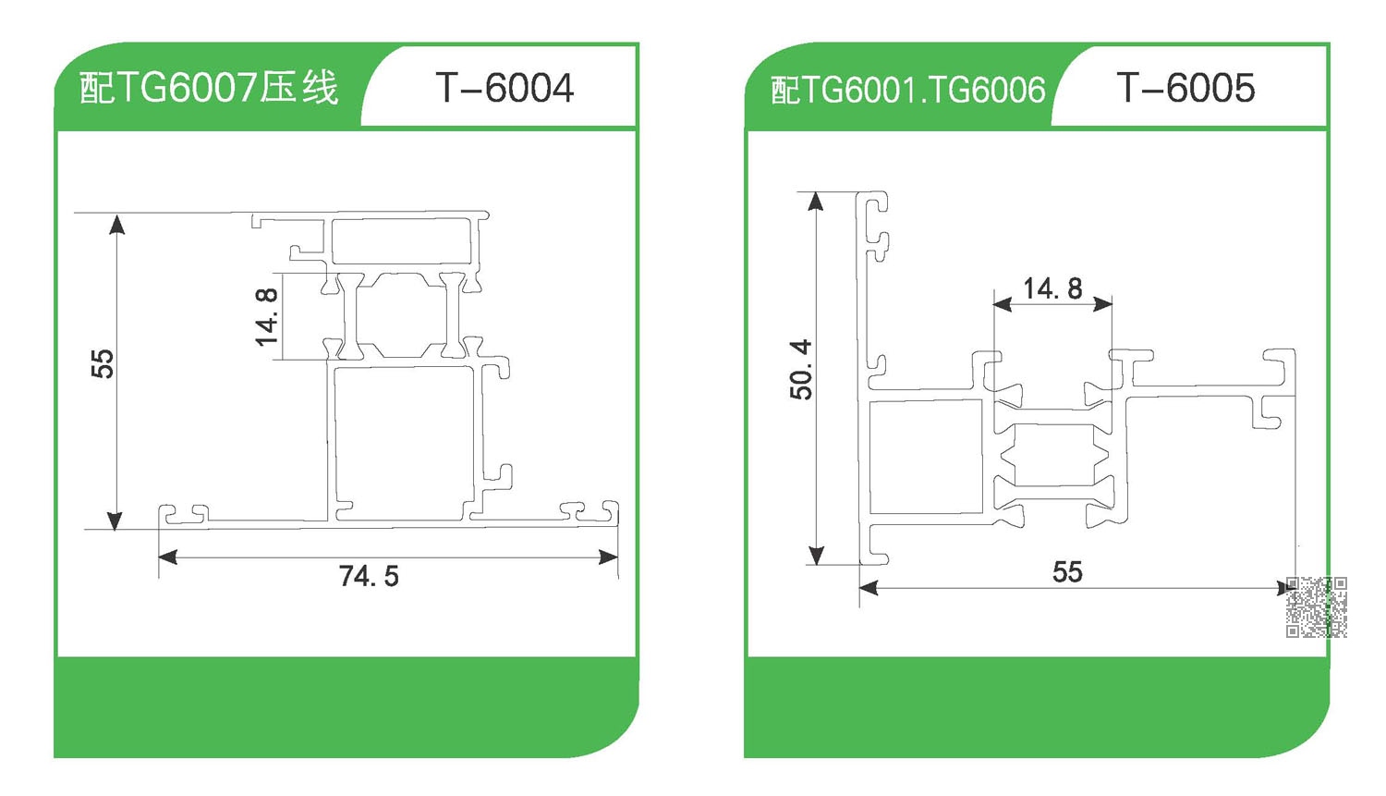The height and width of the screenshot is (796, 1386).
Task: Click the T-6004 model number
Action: tap(505, 88)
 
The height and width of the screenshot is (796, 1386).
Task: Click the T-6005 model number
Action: tap(1185, 88)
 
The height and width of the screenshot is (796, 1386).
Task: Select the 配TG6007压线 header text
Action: tap(209, 87)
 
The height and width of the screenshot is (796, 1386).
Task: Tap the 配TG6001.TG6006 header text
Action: tap(907, 90)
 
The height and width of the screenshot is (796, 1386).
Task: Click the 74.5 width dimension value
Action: tap(369, 576)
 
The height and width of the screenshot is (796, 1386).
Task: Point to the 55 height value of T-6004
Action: tap(103, 363)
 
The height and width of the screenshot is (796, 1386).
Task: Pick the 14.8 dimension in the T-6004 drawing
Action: tap(267, 317)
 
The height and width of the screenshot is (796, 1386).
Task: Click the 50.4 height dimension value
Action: tap(801, 370)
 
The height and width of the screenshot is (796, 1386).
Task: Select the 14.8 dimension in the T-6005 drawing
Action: tap(1053, 288)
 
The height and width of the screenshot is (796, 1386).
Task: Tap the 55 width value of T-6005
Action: tap(1067, 572)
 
